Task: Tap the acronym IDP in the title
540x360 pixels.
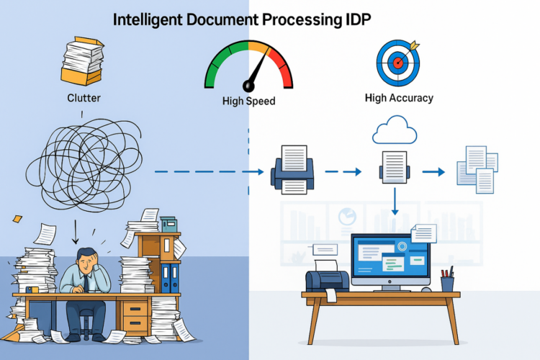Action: coord(354,20)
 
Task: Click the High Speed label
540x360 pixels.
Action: coord(248,102)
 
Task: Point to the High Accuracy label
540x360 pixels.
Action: coord(398,97)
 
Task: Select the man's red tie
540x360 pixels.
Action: coord(86,283)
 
